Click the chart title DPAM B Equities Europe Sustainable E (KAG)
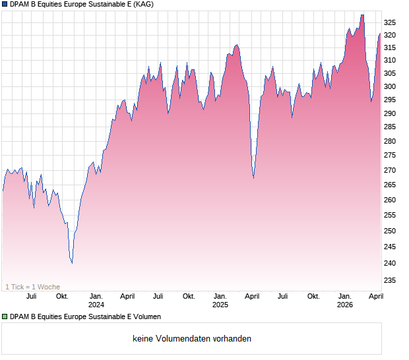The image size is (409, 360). (x=81, y=5)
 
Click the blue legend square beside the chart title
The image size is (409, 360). (x=5, y=5)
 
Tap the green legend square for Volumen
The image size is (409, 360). (x=5, y=316)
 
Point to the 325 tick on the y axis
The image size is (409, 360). (x=391, y=22)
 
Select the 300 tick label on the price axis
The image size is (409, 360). (x=391, y=86)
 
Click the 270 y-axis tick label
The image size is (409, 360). (x=391, y=170)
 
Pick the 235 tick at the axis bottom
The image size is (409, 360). (x=391, y=280)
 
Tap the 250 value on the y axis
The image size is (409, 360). (x=391, y=231)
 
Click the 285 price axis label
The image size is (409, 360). (x=391, y=127)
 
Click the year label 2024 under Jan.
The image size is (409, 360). (x=96, y=305)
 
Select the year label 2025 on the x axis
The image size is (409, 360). (x=220, y=305)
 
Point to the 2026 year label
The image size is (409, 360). (x=345, y=305)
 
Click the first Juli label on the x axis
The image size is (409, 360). (x=31, y=296)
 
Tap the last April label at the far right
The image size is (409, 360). (x=375, y=296)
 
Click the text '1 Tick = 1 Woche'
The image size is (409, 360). (x=32, y=287)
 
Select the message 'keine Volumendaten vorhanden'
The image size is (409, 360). (x=192, y=339)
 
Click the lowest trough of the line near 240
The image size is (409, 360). (x=72, y=263)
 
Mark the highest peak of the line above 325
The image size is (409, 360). (x=362, y=15)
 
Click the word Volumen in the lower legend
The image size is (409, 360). (x=145, y=316)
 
